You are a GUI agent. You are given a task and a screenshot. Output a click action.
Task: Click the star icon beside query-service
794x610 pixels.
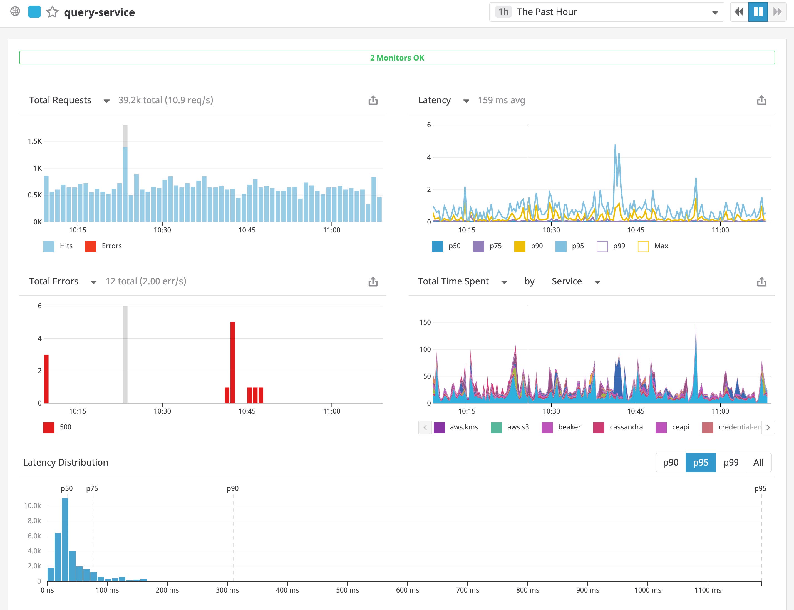52,12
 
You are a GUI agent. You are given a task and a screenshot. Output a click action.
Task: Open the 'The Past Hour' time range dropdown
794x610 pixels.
606,12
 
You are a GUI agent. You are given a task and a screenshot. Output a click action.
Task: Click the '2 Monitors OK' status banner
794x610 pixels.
397,58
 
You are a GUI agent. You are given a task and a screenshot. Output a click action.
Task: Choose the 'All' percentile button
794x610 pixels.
758,462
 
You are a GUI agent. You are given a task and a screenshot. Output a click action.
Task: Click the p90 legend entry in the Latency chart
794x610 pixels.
529,246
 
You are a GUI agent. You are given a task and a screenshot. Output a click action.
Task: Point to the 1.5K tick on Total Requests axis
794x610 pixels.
35,141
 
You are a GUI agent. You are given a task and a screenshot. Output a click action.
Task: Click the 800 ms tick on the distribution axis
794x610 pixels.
527,590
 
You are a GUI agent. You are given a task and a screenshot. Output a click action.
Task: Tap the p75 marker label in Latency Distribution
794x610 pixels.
92,488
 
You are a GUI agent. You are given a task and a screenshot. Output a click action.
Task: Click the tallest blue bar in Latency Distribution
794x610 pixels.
65,539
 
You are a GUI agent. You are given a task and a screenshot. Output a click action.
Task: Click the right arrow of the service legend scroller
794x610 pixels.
768,427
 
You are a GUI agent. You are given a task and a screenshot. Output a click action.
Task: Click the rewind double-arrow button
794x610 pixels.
739,12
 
